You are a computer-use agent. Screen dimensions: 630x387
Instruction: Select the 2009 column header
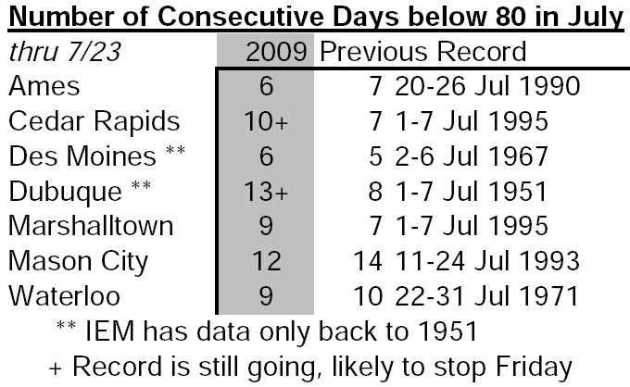tap(276, 52)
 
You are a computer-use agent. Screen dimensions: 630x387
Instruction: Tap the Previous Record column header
tap(423, 52)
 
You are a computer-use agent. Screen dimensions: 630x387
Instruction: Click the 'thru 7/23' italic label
tap(65, 52)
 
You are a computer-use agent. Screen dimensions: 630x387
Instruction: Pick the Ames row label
tap(44, 86)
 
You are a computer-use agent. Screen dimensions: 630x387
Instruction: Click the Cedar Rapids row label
tap(94, 121)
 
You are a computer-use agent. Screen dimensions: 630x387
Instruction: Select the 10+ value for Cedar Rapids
tap(266, 121)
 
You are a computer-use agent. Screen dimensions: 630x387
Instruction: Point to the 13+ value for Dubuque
tap(266, 191)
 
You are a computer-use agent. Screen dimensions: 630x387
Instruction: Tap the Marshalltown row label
tap(91, 226)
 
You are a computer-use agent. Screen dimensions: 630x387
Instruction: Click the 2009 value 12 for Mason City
tap(267, 261)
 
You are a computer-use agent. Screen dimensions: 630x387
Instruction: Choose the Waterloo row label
tap(64, 296)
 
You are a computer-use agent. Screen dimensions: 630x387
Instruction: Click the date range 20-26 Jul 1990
tap(487, 86)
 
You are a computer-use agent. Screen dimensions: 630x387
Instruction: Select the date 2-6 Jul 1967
tap(472, 156)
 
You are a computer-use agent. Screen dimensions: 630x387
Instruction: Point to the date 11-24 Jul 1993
tap(487, 261)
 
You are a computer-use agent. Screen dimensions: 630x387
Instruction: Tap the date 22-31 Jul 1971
tap(486, 296)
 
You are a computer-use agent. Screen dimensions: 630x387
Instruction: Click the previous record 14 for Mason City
tap(368, 261)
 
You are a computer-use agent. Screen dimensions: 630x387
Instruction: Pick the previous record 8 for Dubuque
tap(375, 191)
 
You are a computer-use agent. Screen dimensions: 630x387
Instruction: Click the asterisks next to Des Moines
tap(176, 150)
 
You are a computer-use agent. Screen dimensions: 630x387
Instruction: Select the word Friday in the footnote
tap(534, 368)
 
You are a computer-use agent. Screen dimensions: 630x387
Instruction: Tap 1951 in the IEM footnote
tap(447, 331)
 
